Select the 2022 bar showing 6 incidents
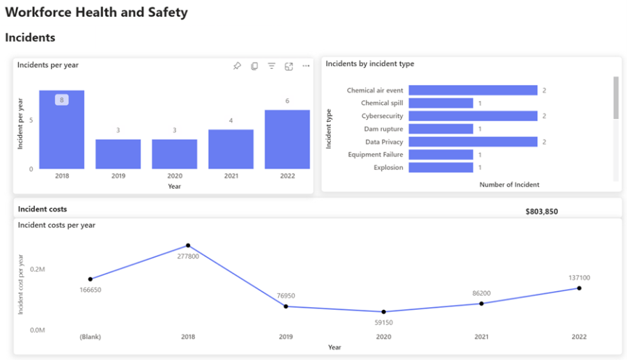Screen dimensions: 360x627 (x=287, y=139)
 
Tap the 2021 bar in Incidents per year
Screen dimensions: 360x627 (x=231, y=149)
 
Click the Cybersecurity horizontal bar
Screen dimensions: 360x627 (x=472, y=116)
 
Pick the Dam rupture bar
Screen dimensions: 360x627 (x=440, y=129)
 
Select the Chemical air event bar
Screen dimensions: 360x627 (x=472, y=91)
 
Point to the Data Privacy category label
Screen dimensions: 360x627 (x=384, y=142)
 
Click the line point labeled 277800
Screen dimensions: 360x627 (x=188, y=246)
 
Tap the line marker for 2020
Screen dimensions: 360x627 (x=383, y=312)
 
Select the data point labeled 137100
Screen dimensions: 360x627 (x=579, y=288)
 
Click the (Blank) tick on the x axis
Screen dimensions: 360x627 (x=90, y=337)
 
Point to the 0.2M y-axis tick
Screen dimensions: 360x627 (x=38, y=269)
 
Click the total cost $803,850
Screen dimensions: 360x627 (x=541, y=212)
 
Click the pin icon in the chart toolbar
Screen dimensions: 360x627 (x=237, y=66)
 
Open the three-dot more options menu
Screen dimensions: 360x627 (x=306, y=66)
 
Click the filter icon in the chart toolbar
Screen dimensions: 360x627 (x=272, y=66)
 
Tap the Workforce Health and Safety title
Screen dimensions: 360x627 (x=96, y=13)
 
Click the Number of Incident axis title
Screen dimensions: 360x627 (x=509, y=185)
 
